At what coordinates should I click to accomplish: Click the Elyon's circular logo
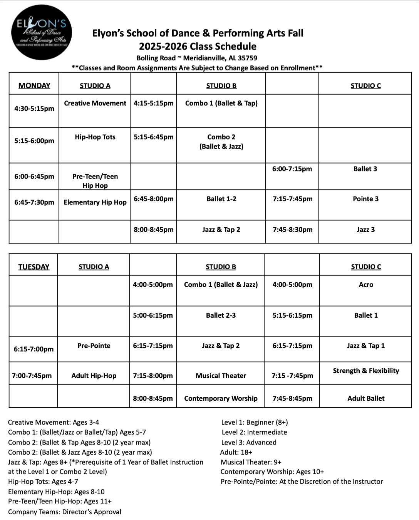42,33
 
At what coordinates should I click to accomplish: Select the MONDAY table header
34,85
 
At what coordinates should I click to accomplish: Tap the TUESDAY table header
34,267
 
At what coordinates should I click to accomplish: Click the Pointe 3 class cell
365,199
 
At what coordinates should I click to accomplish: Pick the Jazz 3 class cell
365,230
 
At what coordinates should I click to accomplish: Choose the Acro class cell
366,285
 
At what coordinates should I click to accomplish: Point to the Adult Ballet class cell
366,398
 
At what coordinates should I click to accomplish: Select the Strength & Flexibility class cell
366,371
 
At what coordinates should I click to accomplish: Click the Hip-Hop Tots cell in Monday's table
95,137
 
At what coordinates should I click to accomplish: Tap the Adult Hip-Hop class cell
94,376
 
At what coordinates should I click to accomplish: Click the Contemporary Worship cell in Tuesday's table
221,398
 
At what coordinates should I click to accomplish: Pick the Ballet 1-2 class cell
221,199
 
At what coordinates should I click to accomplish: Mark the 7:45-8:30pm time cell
293,230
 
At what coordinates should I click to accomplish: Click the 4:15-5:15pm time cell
154,103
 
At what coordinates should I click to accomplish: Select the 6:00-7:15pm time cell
292,169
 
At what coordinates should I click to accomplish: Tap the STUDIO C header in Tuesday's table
366,267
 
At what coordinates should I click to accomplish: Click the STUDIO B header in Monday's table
221,86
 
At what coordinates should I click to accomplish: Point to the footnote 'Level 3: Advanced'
249,442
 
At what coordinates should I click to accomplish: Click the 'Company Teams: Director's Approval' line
65,512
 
